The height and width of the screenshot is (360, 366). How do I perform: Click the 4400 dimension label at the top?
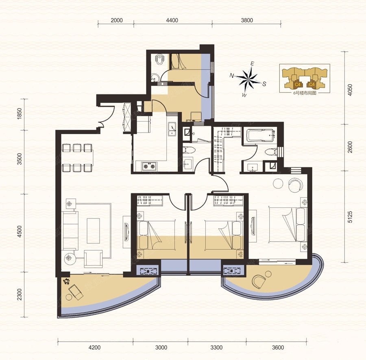172,20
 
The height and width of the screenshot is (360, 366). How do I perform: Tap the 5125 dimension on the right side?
350,217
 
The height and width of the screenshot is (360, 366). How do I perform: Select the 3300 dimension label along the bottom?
216,347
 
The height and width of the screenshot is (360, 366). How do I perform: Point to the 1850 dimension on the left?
20,114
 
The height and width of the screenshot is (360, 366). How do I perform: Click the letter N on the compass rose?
231,75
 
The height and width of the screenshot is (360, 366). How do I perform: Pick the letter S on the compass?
264,84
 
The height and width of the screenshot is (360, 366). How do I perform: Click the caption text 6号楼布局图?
305,93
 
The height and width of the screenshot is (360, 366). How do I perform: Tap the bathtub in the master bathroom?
260,135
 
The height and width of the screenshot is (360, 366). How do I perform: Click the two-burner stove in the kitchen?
149,166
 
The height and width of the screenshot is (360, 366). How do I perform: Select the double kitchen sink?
172,129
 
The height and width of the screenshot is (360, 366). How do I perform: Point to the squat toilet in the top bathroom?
159,59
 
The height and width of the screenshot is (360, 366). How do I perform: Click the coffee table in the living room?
94,231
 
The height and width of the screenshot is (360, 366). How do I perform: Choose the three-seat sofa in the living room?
70,231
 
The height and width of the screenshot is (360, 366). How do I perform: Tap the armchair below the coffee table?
93,258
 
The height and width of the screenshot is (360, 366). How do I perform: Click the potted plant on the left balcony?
67,281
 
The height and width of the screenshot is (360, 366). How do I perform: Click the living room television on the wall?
126,231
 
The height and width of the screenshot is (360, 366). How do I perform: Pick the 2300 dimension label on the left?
20,295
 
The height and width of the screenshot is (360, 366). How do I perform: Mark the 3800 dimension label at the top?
247,20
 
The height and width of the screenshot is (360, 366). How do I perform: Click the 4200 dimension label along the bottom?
94,347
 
